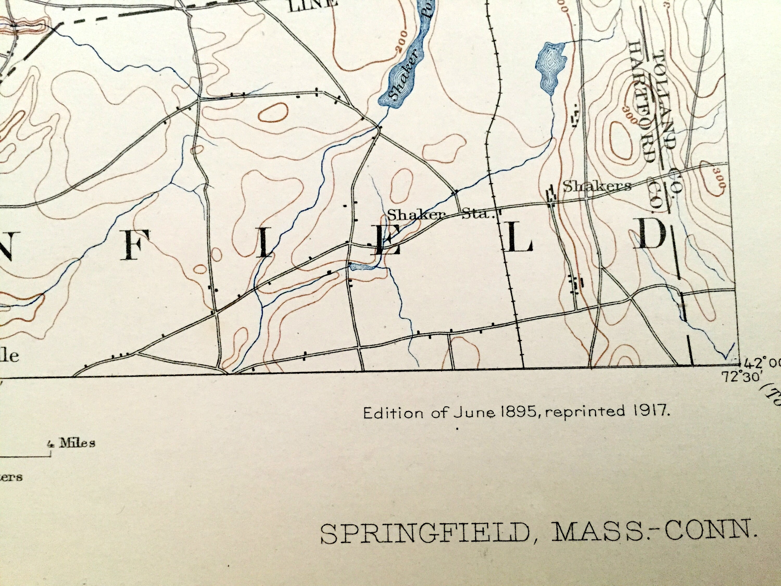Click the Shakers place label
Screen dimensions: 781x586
coord(597,186)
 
